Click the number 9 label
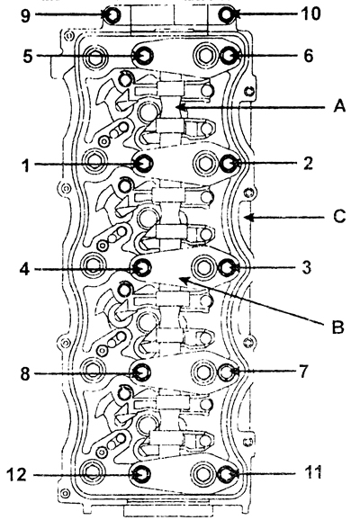(26, 15)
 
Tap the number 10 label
(310, 13)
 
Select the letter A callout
(339, 106)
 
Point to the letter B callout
(338, 327)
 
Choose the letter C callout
(339, 216)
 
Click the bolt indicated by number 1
(143, 163)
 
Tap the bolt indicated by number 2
(229, 163)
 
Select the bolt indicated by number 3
(228, 267)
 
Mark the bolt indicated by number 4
(142, 267)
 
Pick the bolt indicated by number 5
(143, 56)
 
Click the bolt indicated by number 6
(229, 56)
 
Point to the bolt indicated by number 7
(227, 372)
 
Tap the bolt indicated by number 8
(140, 372)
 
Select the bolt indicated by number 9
(112, 14)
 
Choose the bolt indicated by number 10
(227, 14)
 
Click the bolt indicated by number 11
(227, 474)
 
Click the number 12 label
(16, 474)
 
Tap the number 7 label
(303, 372)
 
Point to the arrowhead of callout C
(248, 218)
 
